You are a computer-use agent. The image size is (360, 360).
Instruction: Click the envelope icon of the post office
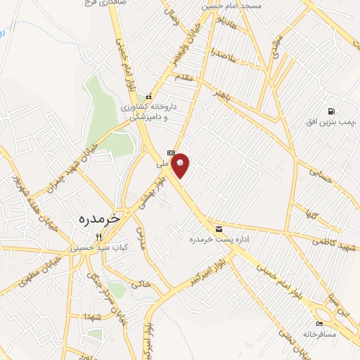219,229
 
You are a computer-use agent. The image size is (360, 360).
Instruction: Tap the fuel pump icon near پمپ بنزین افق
330,111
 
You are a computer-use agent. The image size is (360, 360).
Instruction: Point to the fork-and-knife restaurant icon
99,237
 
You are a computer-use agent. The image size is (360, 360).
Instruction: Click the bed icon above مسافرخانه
321,323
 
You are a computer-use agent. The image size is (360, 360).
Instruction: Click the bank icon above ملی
170,153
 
